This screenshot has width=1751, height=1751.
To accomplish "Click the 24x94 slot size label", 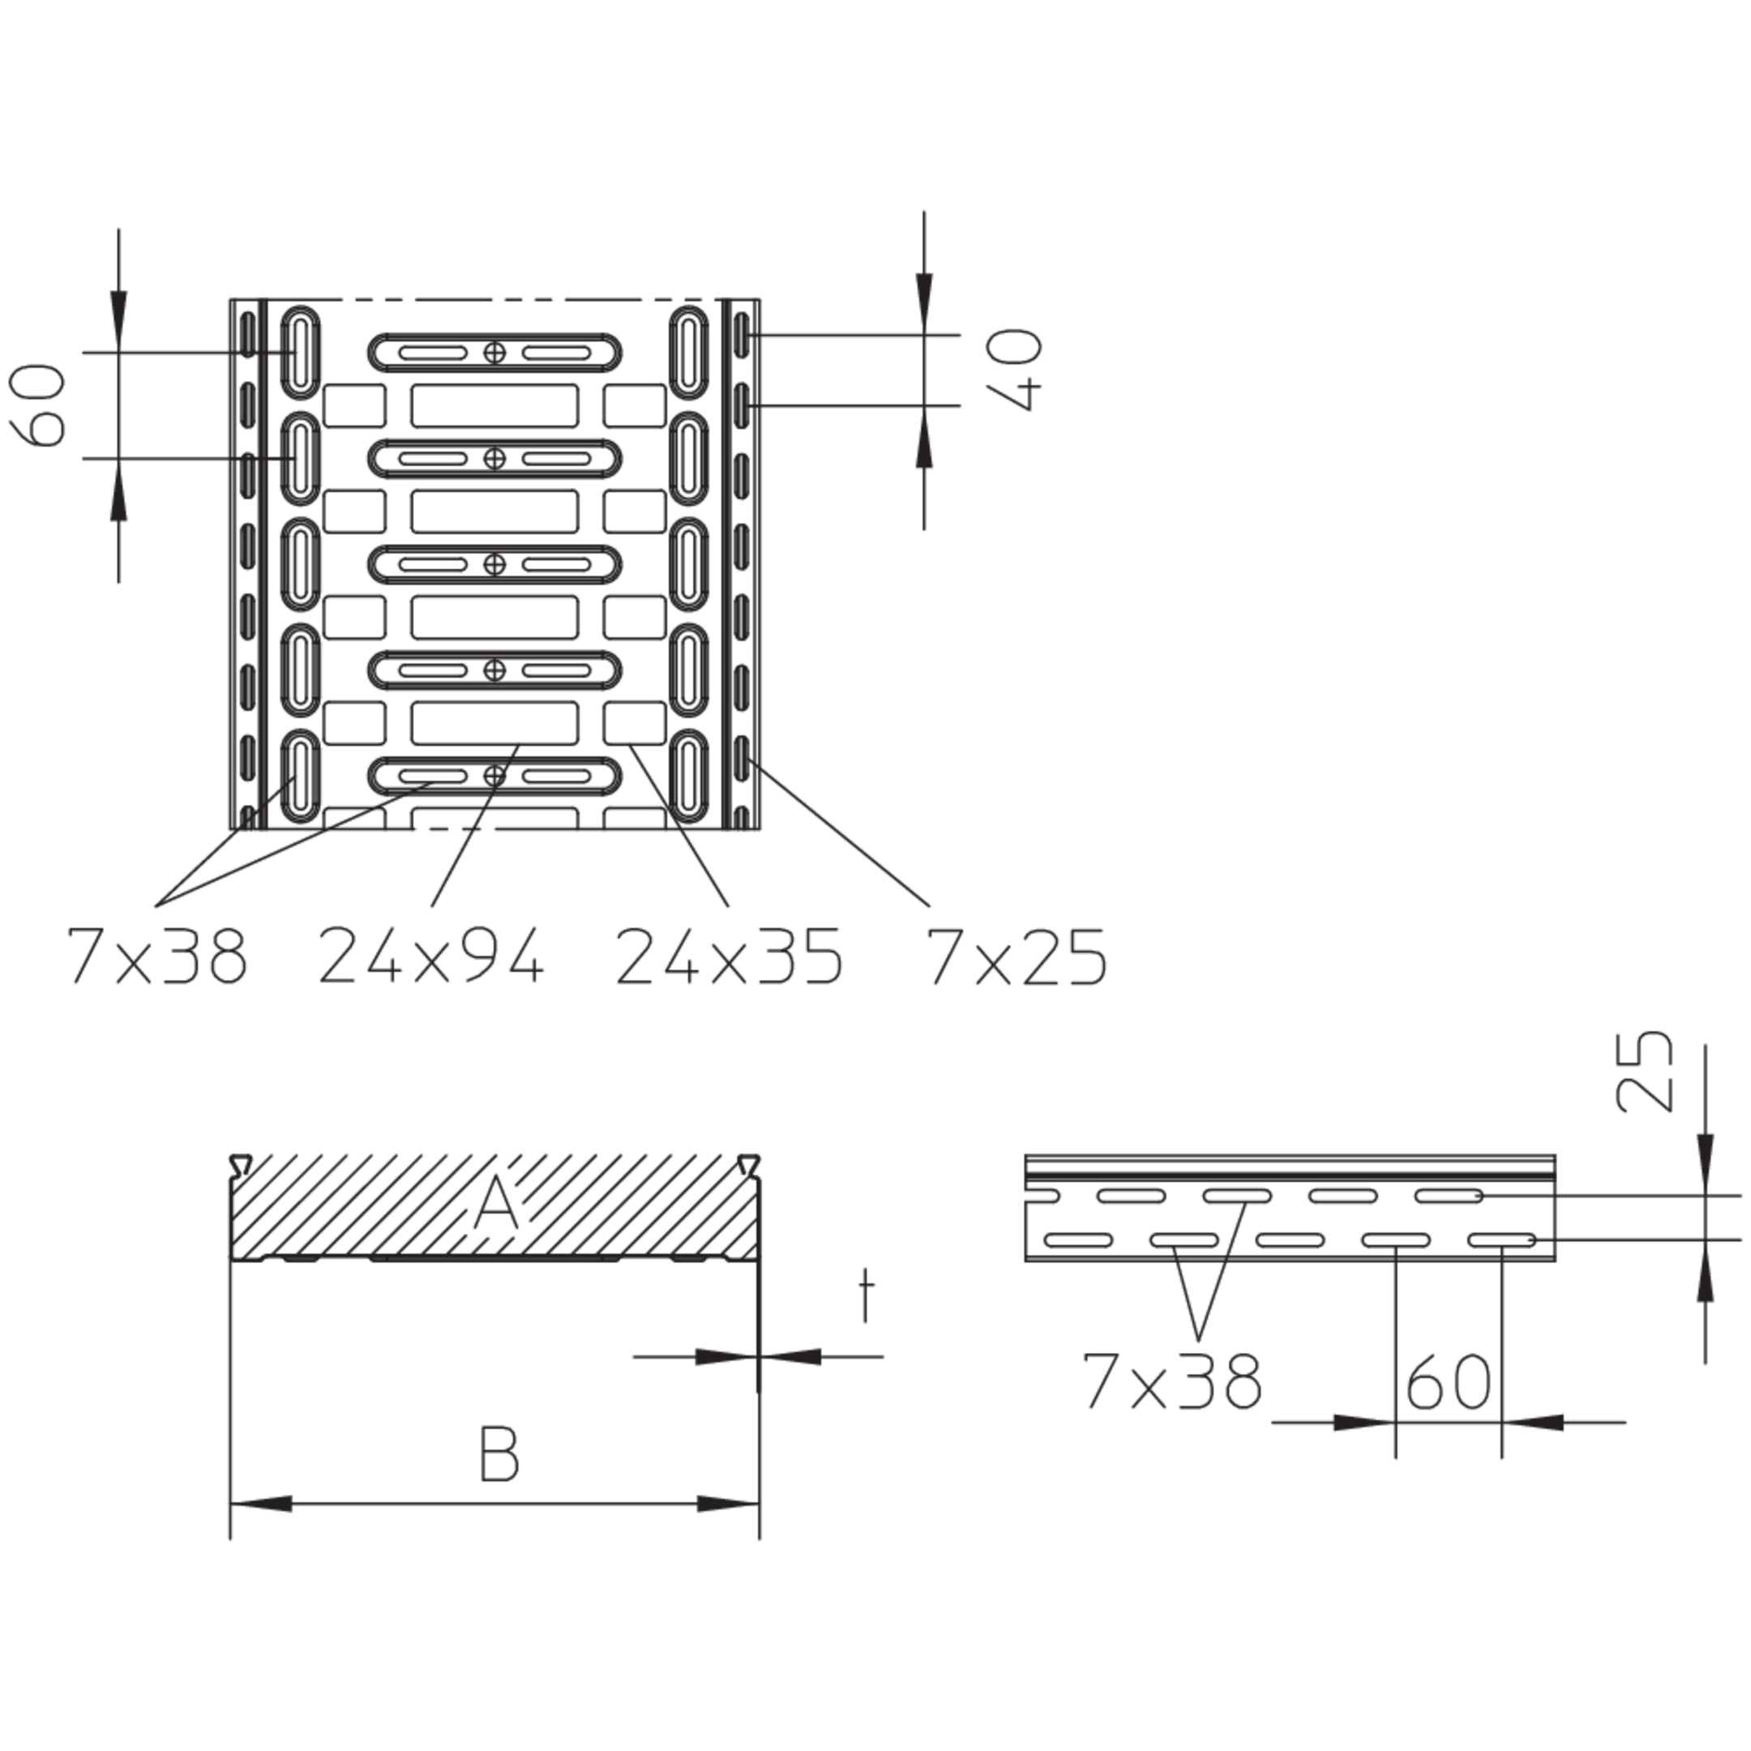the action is coord(431,955).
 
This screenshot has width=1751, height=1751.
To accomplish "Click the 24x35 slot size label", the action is coord(729,955).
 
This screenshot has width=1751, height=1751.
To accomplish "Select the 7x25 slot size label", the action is coord(1017,955).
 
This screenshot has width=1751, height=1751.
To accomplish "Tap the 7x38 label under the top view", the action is coord(156,955).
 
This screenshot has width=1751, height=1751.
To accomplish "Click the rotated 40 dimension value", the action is coord(1014,370).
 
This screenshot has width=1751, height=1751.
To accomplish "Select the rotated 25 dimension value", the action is coord(1643,1070).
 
